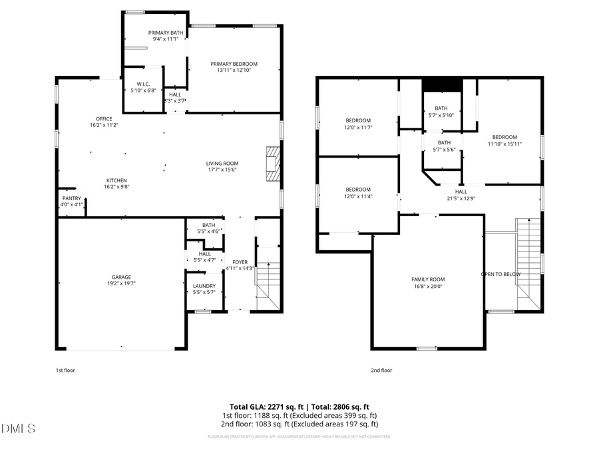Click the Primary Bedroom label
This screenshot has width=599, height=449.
coord(234,64)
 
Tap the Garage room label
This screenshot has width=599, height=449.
coord(121,277)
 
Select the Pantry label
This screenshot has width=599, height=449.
coord(71,198)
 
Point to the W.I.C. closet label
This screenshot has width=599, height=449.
coord(143,84)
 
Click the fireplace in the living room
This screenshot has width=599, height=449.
coord(272,162)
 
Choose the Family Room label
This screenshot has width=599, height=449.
coord(427,279)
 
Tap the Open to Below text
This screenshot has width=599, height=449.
coord(500,274)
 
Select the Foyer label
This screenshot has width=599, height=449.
coord(240,262)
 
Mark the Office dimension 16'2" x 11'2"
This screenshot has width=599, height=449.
coord(104,125)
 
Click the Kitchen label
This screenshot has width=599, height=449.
coord(116,180)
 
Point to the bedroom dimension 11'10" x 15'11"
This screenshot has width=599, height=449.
coord(504,144)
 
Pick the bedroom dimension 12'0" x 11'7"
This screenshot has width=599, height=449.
coord(357,127)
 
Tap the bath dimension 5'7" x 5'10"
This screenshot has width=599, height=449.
coord(441,115)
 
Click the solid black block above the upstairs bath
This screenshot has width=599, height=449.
coord(442,84)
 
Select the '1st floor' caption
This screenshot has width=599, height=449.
coord(65,371)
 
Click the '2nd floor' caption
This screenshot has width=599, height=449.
coord(381,371)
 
